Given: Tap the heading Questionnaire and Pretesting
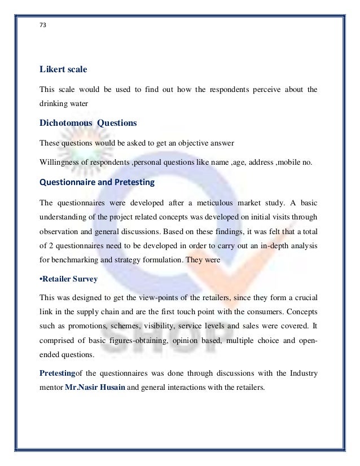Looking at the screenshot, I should (97, 182).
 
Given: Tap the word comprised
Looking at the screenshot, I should (56, 341).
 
